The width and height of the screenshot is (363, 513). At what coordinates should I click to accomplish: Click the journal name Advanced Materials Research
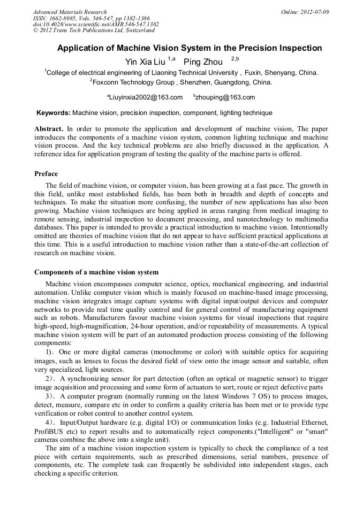(x=70, y=12)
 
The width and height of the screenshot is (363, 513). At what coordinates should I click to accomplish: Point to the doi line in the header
(x=96, y=24)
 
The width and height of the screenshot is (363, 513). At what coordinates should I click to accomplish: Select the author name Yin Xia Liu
(x=145, y=62)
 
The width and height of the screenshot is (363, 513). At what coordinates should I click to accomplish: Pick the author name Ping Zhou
(x=203, y=62)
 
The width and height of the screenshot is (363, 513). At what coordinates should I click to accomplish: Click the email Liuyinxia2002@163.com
(x=146, y=97)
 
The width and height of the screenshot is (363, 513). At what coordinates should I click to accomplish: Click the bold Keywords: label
(x=53, y=113)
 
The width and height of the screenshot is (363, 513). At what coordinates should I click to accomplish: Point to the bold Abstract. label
(x=49, y=129)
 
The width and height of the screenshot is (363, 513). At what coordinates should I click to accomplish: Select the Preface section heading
(x=46, y=174)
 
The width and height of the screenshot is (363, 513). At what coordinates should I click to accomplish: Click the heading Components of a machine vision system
(x=96, y=272)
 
